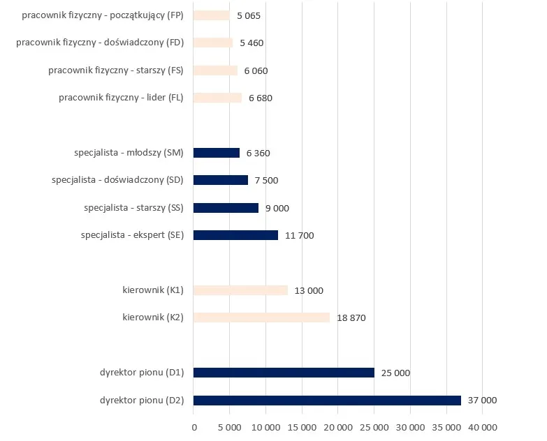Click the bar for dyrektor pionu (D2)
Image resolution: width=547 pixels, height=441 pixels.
(x=327, y=401)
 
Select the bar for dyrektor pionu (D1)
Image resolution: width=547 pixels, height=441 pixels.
(x=284, y=373)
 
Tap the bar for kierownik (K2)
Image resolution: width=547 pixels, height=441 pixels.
(x=261, y=317)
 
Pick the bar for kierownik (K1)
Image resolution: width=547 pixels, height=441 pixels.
(x=240, y=290)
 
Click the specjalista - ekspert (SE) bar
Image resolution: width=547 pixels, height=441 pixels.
(x=235, y=235)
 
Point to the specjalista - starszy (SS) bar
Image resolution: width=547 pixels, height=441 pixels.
(x=226, y=208)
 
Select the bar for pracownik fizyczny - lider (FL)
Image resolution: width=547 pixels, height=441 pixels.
(x=217, y=98)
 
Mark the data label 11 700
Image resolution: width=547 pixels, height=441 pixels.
(x=300, y=236)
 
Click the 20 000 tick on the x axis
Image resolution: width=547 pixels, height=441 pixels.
(x=338, y=427)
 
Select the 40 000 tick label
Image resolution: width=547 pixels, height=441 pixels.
(x=482, y=427)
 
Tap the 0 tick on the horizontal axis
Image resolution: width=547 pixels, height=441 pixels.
(x=194, y=427)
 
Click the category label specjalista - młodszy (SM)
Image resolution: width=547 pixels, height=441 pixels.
(x=129, y=153)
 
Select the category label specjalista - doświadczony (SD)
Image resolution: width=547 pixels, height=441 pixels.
(x=117, y=180)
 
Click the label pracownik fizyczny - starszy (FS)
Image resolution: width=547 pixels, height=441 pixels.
(x=115, y=70)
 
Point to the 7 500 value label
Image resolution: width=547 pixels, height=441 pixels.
(x=266, y=181)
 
